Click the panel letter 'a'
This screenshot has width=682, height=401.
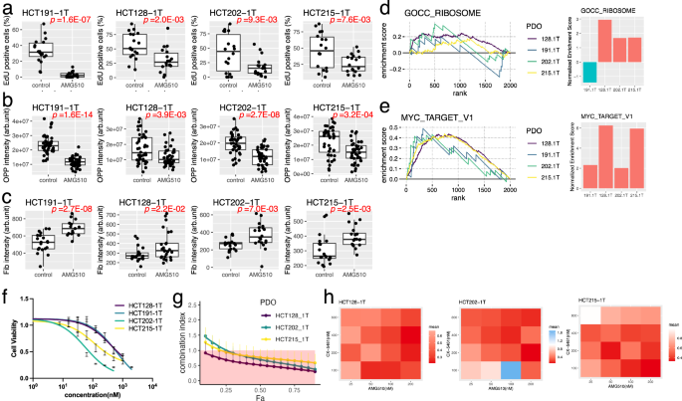coord(6,7)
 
